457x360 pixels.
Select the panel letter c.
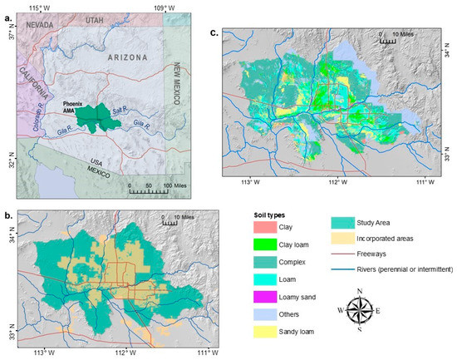214,34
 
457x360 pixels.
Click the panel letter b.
7,217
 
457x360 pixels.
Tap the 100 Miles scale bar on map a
147,190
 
